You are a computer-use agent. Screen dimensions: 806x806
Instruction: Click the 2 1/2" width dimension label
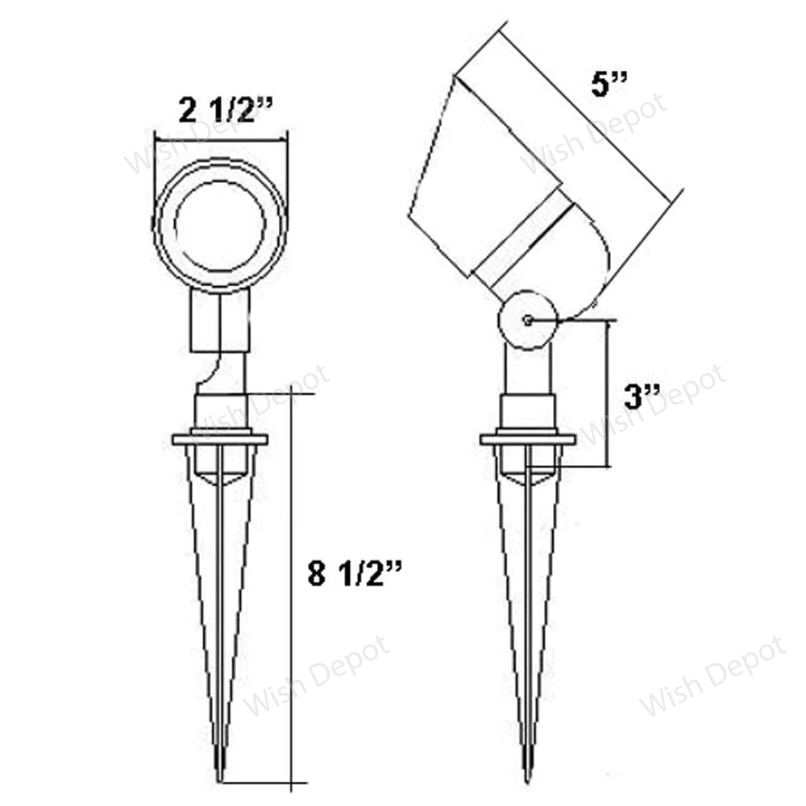coord(216,110)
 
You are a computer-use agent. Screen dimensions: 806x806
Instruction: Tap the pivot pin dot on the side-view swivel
coord(526,320)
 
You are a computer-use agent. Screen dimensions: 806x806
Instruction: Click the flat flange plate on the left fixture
coord(220,439)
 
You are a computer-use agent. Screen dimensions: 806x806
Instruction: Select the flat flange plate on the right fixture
coord(528,440)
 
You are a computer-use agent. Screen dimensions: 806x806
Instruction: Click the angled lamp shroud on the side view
coord(476,177)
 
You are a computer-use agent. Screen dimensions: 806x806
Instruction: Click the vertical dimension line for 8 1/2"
coord(293,588)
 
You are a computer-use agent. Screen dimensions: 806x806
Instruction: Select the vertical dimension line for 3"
coord(606,393)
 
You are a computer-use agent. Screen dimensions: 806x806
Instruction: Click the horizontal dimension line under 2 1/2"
coord(220,139)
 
